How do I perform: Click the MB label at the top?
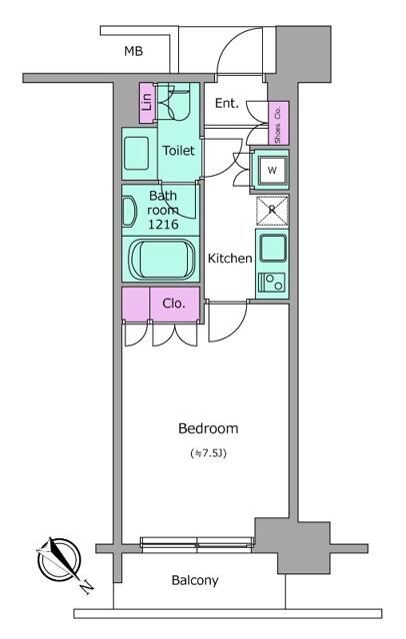click(133, 51)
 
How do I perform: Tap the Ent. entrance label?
click(227, 104)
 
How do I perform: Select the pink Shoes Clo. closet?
click(278, 123)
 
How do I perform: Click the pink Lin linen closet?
click(147, 103)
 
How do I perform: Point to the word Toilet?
click(178, 151)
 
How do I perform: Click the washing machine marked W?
click(272, 170)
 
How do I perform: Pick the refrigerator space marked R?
click(272, 211)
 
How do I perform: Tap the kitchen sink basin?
click(273, 249)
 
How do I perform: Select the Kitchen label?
click(230, 259)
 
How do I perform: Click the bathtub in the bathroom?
click(162, 259)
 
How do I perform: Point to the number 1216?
click(163, 224)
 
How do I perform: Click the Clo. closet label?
click(174, 304)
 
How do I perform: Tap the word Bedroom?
click(208, 428)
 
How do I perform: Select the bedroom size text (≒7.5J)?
click(208, 453)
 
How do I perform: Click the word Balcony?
click(195, 580)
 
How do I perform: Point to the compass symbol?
click(58, 560)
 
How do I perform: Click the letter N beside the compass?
click(87, 587)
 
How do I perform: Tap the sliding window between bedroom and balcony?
click(197, 544)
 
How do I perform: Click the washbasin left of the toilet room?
click(137, 153)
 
